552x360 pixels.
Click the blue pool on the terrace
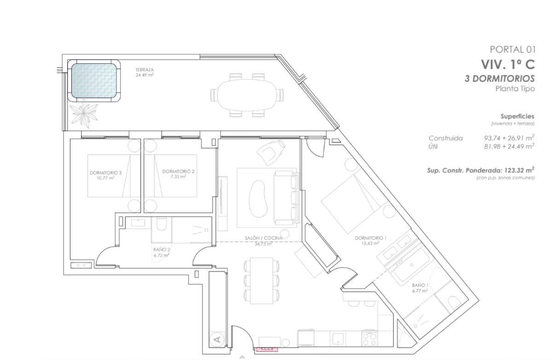tap(94, 80)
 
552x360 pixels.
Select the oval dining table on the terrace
tap(247, 95)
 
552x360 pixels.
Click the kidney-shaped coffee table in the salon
tap(258, 198)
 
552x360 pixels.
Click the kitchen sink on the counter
tap(339, 339)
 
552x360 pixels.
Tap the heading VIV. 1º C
tap(508, 64)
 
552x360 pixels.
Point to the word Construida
tap(445, 138)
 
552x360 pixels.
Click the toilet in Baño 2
tap(161, 225)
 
